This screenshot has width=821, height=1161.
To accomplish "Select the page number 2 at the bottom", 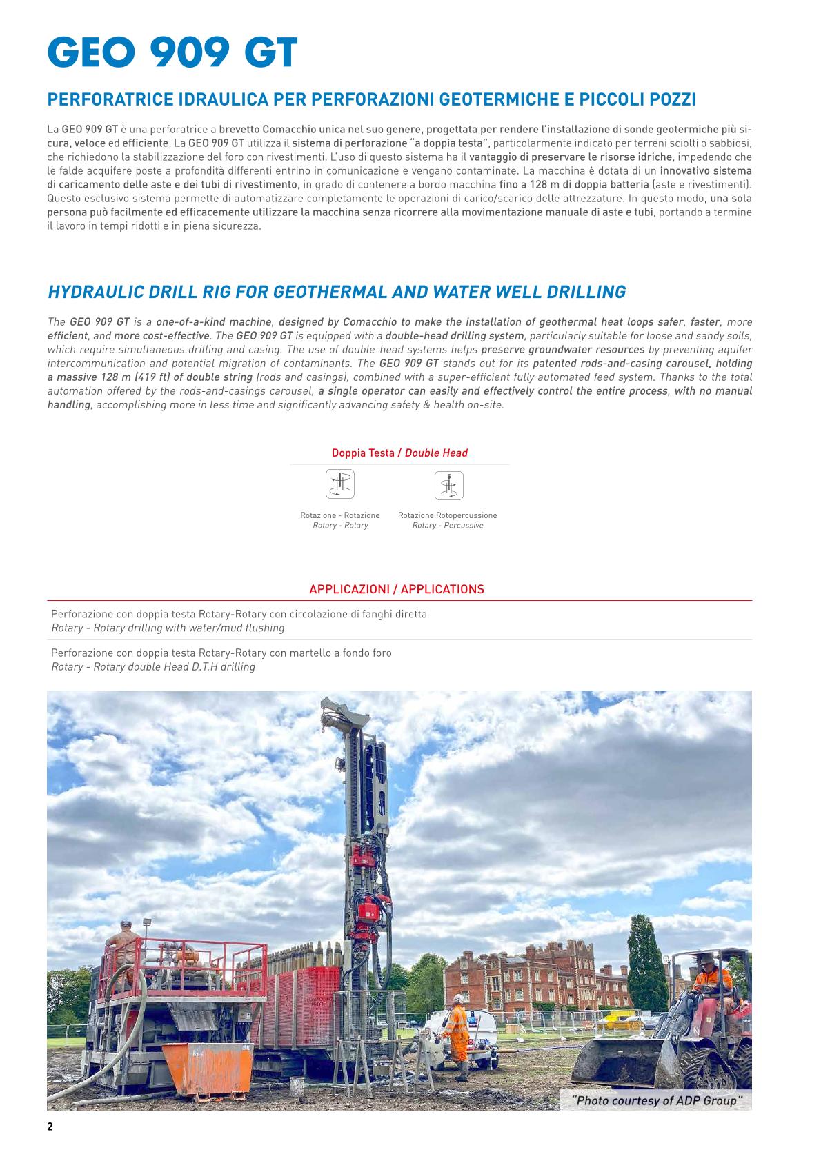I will tap(50, 1127).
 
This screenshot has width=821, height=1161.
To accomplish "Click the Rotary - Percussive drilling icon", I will tap(448, 484).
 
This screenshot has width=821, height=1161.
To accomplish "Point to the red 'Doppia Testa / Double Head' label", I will tap(399, 453).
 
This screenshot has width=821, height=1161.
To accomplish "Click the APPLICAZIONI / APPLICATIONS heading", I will tap(397, 589).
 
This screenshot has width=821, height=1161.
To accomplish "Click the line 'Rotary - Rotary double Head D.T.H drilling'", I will tap(153, 666).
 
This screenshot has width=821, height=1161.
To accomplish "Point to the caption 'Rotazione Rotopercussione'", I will tap(447, 515).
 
